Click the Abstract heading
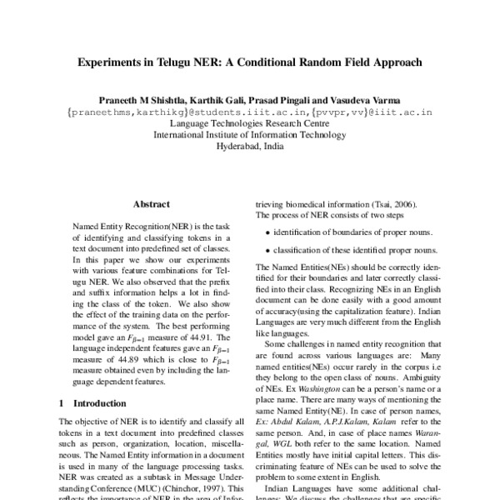[151, 202]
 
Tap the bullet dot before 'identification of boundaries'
[266, 232]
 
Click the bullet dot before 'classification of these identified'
[266, 251]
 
